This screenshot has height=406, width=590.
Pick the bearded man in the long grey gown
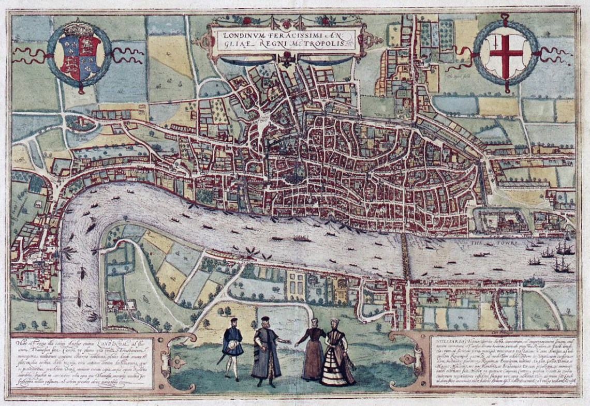[266, 352]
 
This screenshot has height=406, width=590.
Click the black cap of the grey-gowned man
[265, 319]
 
